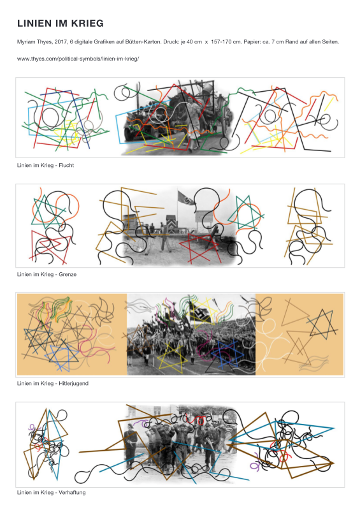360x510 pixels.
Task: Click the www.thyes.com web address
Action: coord(78,59)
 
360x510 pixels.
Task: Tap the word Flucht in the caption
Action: coord(66,165)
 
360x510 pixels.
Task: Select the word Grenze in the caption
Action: coord(68,274)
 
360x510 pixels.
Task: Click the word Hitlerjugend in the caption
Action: coord(73,383)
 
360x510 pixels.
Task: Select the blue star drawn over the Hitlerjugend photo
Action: coord(227,353)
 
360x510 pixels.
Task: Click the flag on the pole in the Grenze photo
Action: coord(186,198)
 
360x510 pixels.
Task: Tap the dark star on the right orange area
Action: coord(322,324)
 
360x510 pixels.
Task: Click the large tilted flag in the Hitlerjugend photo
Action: coord(201,312)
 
